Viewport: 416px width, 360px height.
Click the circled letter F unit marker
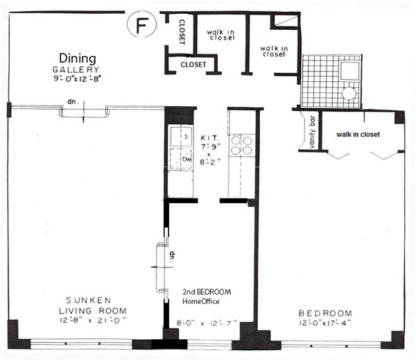click(x=142, y=24)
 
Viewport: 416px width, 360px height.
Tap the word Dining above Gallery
click(x=78, y=59)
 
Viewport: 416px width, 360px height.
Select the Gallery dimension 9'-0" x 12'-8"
click(x=78, y=78)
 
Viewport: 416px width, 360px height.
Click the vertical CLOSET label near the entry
click(x=182, y=32)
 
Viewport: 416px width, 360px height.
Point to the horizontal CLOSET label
click(x=193, y=65)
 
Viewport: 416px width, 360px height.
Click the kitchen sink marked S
click(x=181, y=137)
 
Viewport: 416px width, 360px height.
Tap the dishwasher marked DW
click(x=181, y=159)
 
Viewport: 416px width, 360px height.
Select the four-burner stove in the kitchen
click(x=242, y=146)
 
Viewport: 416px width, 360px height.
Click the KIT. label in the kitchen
click(x=209, y=138)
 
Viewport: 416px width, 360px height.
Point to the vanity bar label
click(x=312, y=132)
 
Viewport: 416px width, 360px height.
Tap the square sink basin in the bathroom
click(x=349, y=71)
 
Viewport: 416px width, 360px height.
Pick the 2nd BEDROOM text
click(x=207, y=292)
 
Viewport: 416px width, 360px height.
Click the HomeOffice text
click(x=201, y=301)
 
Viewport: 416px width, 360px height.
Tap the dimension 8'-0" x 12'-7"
click(x=207, y=323)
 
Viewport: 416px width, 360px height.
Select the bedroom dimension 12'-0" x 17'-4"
click(x=325, y=323)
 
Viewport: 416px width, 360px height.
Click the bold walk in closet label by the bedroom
click(x=358, y=135)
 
